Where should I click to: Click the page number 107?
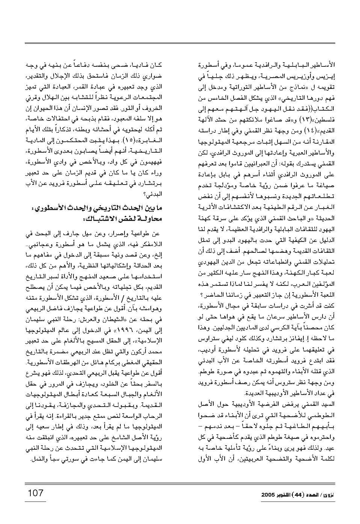[x=36, y=492]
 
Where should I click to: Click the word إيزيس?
[x=326, y=78]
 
